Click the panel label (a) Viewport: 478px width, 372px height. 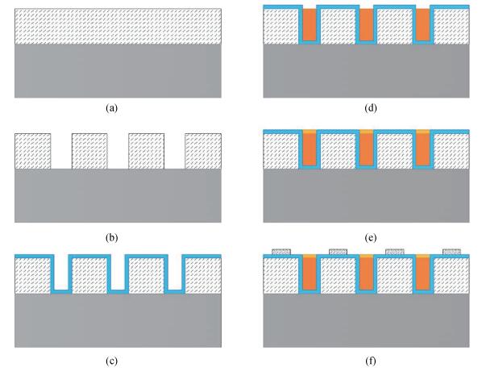[111, 108]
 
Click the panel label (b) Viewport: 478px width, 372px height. [111, 237]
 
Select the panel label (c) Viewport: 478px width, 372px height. [111, 362]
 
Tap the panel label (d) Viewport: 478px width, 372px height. [370, 108]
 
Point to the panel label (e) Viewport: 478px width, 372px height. [370, 237]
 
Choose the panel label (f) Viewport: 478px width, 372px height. [370, 362]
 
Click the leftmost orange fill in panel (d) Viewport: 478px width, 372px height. [310, 24]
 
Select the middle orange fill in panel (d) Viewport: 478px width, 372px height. [367, 24]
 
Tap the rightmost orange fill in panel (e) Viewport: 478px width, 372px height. [423, 149]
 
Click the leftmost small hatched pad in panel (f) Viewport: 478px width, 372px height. [281, 252]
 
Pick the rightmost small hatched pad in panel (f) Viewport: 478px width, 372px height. [451, 252]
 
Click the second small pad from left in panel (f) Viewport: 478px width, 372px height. [338, 252]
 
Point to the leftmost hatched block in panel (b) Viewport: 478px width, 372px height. [32, 151]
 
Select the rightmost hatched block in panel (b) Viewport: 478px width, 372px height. [203, 151]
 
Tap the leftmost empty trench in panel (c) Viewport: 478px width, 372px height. [61, 272]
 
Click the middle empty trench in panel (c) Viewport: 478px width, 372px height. [118, 272]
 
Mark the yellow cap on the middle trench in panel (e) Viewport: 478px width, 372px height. [367, 132]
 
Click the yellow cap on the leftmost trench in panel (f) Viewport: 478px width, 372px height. [310, 256]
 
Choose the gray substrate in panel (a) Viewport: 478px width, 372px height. [118, 71]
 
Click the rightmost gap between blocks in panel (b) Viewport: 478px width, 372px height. [175, 151]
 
